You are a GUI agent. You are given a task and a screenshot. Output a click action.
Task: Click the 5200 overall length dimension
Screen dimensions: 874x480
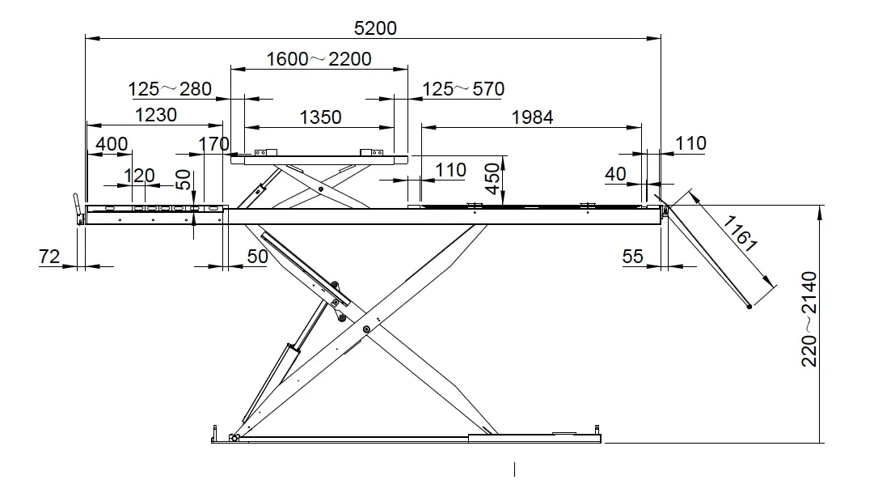[375, 28]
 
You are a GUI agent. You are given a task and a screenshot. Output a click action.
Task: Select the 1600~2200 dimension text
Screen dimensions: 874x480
[319, 58]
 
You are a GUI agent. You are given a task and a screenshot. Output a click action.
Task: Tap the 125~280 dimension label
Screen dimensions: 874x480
[170, 89]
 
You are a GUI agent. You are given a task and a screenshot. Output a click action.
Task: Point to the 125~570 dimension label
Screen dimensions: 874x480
[463, 89]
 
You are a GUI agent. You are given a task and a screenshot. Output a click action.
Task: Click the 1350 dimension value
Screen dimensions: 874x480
[320, 117]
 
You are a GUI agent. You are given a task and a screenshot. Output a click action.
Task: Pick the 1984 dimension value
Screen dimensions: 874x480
[532, 117]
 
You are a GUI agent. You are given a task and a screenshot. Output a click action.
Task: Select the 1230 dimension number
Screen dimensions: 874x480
[156, 115]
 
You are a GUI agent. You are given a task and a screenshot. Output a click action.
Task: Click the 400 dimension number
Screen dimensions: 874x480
[112, 144]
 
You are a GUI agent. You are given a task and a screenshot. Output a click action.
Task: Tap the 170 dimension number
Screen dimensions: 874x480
[214, 144]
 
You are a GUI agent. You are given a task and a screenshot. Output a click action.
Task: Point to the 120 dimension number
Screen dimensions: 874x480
[139, 176]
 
